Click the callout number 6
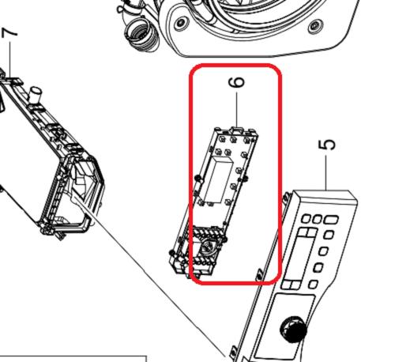pos(237,82)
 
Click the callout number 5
pos(327,145)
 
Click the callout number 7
pos(9,33)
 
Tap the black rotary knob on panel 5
pos(293,329)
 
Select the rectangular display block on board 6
pos(219,179)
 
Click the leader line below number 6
pos(236,109)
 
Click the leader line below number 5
pos(326,172)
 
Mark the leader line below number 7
pos(10,60)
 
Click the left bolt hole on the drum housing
pos(180,23)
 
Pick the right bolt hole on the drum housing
pos(314,26)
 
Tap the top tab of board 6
pos(236,130)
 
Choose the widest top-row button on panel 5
pos(332,220)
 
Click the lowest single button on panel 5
pos(313,285)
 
